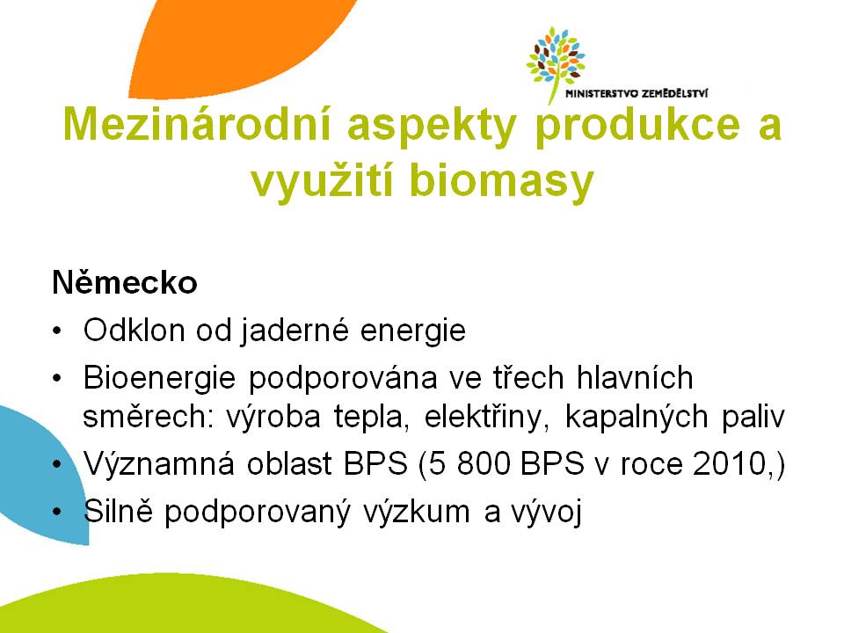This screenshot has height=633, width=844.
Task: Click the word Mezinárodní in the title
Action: point(196,124)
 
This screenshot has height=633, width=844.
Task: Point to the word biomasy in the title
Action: point(501,181)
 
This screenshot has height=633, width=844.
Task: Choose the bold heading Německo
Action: point(125,282)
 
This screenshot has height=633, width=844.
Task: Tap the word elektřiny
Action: point(486,417)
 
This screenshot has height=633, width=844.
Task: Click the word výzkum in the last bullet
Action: point(416,512)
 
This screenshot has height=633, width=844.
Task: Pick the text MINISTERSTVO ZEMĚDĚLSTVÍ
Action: point(637,94)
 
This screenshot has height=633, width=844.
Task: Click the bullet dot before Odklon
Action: point(58,331)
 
